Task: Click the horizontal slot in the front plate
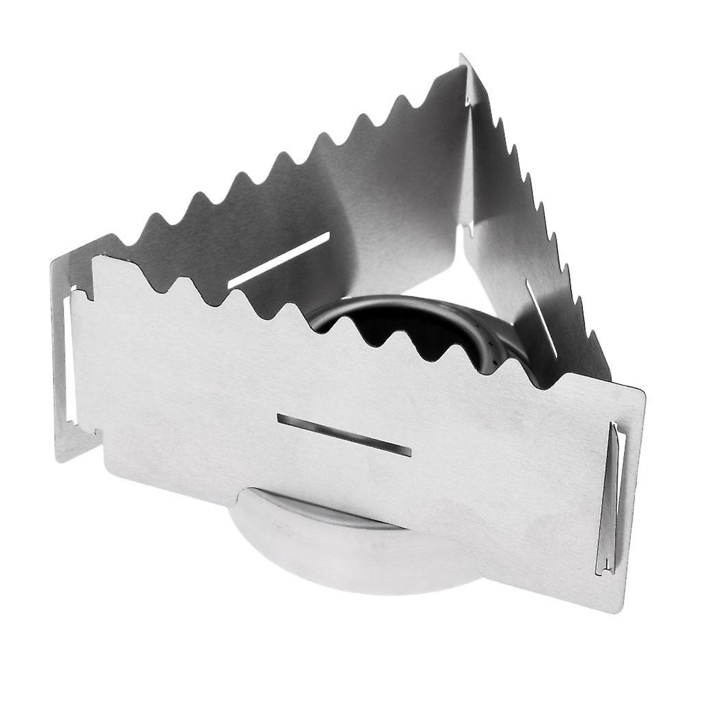pos(344,435)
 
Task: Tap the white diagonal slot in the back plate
pos(279,259)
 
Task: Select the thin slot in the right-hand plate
pos(541,308)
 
